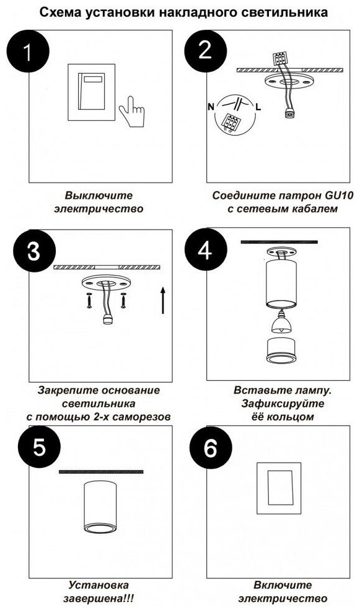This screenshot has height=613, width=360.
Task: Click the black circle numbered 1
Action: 28,51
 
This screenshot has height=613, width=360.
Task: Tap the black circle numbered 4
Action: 205,250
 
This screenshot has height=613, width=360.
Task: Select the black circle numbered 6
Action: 211,448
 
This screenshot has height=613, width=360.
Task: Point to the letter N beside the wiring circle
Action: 211,107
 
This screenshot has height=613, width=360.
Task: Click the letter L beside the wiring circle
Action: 258,107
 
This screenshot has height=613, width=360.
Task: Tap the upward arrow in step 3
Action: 163,300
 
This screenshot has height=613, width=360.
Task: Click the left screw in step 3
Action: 89,300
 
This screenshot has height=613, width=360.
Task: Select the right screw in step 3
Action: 123,300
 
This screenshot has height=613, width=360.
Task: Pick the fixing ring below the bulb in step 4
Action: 281,351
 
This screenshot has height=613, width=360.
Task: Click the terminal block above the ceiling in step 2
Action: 279,59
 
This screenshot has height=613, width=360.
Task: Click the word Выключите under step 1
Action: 99,196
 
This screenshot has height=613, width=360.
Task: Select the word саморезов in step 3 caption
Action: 141,417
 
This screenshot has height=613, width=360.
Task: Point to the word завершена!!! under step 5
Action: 99,599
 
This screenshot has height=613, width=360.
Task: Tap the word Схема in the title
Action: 59,12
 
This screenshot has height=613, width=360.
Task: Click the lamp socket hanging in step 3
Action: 106,319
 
